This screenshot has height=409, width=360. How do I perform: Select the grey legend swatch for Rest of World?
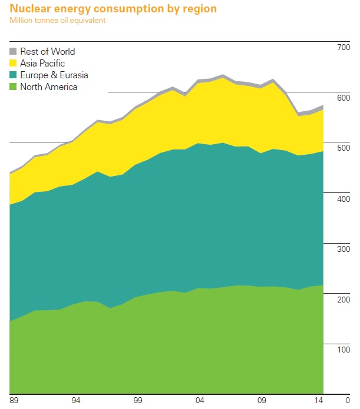tap(14, 52)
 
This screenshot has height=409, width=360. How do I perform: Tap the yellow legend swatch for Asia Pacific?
tap(14, 64)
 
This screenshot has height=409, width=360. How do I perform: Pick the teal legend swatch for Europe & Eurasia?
tap(14, 75)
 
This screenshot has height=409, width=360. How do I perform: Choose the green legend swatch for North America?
tap(14, 87)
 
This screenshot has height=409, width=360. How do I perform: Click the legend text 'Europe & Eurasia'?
tap(54, 75)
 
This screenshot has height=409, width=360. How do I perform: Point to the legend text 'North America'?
tap(48, 87)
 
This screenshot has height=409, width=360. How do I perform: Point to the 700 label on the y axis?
tap(343, 47)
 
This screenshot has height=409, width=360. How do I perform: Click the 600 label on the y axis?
tap(343, 98)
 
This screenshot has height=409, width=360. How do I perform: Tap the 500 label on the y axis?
tap(343, 148)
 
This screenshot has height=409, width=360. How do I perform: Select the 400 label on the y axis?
tap(343, 199)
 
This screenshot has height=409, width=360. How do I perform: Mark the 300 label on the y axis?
tap(343, 250)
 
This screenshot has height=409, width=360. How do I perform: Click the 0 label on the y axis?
tap(348, 401)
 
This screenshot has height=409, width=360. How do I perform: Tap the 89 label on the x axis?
tap(14, 401)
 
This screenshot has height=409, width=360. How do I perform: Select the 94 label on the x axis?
tap(76, 401)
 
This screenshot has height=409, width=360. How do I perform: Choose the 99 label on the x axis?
tap(138, 401)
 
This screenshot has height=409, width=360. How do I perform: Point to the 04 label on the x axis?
tap(200, 401)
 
